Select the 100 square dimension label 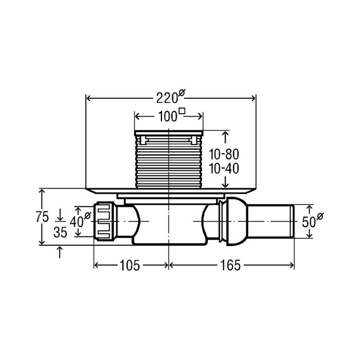click(x=171, y=116)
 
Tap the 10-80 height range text click(x=224, y=154)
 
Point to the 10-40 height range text click(x=224, y=169)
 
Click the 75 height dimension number click(x=43, y=217)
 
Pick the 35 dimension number click(x=60, y=232)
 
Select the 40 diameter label click(x=80, y=221)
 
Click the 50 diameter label click(x=313, y=221)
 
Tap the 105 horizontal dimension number click(x=130, y=265)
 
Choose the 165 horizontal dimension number click(x=230, y=265)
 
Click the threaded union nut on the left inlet click(x=104, y=221)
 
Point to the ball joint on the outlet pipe click(x=237, y=222)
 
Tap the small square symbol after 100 click(x=182, y=111)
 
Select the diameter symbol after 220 click(x=182, y=93)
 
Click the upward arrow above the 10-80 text click(x=226, y=137)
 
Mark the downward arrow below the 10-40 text click(x=226, y=182)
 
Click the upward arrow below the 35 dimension click(x=60, y=252)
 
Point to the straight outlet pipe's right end click(x=293, y=222)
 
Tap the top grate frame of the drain click(x=169, y=133)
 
